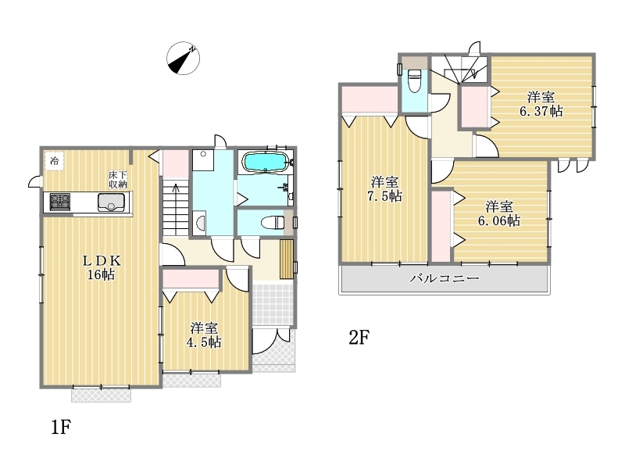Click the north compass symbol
183,58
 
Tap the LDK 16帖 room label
102,267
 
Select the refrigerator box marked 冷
54,161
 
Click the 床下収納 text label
118,180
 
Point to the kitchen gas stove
60,202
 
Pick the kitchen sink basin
111,202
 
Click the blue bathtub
265,163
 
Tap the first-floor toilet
273,222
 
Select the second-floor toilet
415,81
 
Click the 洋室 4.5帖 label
204,335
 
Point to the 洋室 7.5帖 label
384,189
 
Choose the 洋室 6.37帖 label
541,104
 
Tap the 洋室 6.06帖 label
499,213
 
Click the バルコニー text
445,278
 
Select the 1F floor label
61,427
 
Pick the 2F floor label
359,338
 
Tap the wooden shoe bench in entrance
287,259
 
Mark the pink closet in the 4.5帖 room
191,279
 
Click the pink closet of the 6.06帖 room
441,226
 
